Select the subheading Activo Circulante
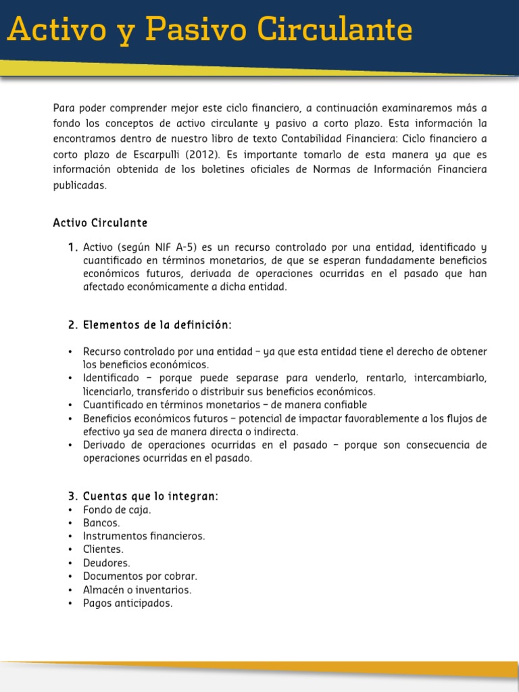click(x=100, y=223)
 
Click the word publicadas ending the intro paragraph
click(x=80, y=186)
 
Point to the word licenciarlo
click(x=107, y=391)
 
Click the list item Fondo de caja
click(x=116, y=510)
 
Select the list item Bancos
click(x=101, y=523)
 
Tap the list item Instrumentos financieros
click(x=143, y=536)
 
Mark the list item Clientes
click(x=103, y=549)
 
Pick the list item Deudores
click(x=106, y=563)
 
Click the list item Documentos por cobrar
click(x=140, y=576)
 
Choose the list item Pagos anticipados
click(x=128, y=603)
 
